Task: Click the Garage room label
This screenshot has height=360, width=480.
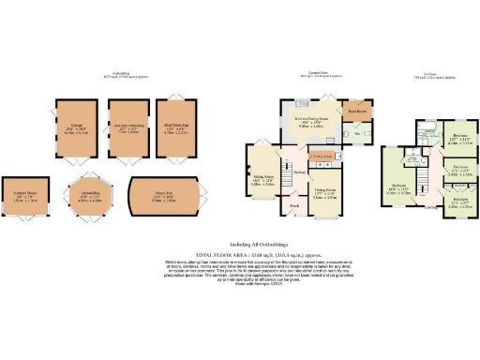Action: pos(76,125)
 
